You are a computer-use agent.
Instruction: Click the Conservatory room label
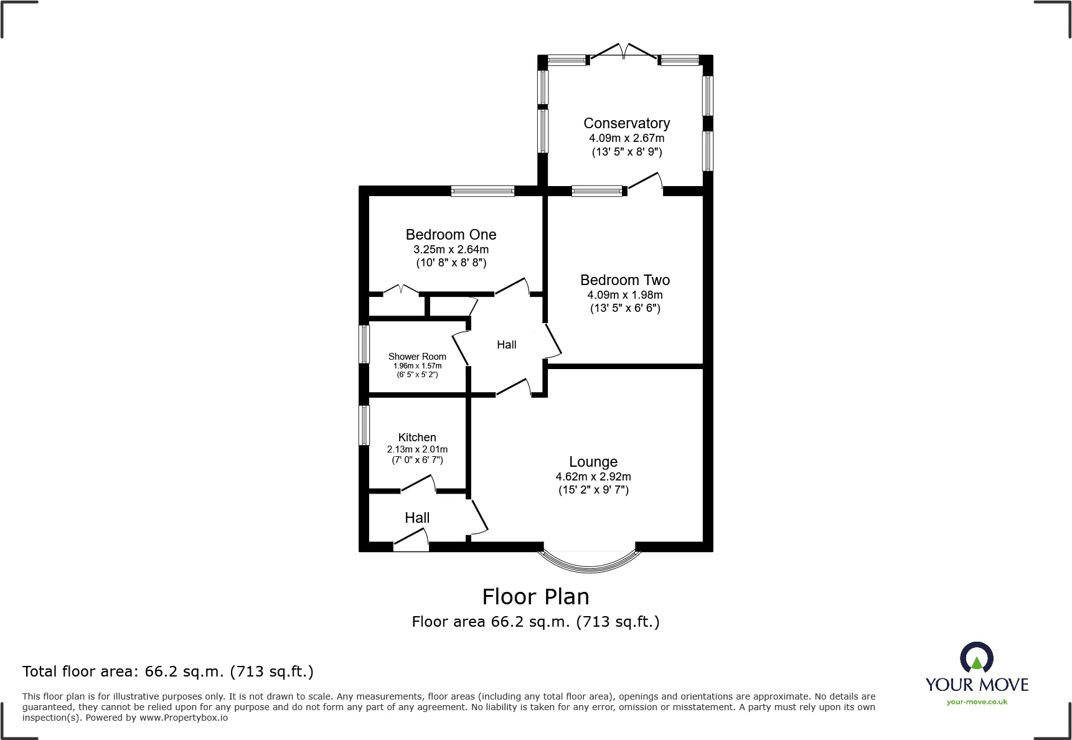click(626, 123)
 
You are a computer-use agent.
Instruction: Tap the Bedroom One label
click(451, 235)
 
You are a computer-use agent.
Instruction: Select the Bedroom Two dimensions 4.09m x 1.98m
click(624, 295)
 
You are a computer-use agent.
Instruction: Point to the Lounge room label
click(593, 462)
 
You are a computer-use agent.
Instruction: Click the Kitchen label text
click(417, 438)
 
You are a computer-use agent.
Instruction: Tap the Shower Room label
click(417, 357)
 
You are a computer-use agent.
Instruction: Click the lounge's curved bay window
click(589, 561)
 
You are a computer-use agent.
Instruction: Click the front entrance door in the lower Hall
click(411, 541)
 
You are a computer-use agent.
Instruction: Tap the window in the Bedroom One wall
click(482, 191)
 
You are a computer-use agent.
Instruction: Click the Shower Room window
click(364, 344)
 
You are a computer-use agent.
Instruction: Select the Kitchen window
click(364, 425)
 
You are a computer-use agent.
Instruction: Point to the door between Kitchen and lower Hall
click(418, 484)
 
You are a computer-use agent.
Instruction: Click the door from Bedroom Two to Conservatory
click(645, 183)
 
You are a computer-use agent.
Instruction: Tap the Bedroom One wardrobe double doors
click(400, 290)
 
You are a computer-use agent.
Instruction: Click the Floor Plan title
click(535, 597)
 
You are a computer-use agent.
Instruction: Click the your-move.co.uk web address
click(976, 702)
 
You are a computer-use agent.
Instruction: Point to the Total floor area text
click(168, 672)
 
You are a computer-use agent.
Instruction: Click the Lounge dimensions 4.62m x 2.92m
click(593, 477)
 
